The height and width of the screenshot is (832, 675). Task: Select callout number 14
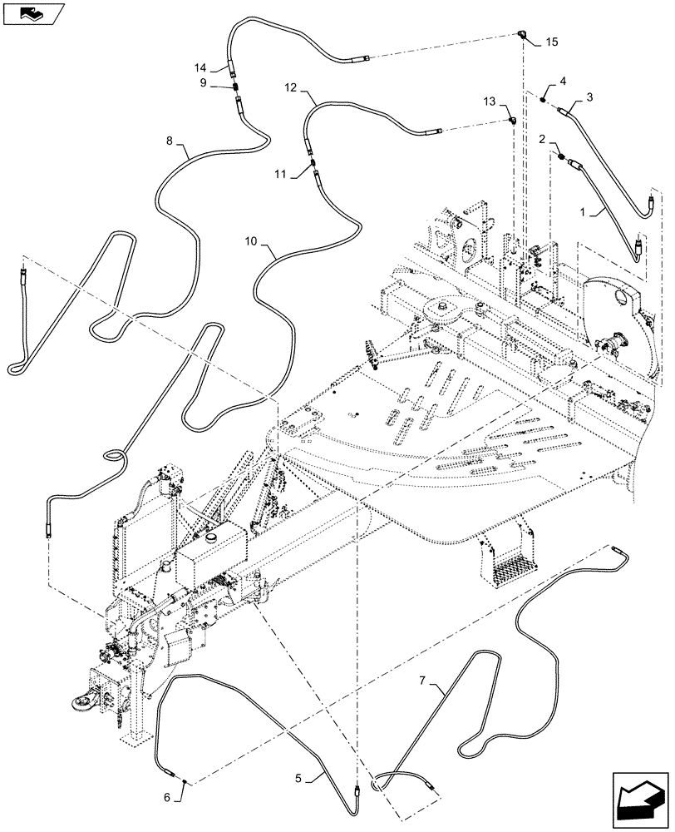point(200,67)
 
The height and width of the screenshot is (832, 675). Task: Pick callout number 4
point(563,81)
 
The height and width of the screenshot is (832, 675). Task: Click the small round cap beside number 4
point(543,100)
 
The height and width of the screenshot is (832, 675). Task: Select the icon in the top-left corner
point(32,13)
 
